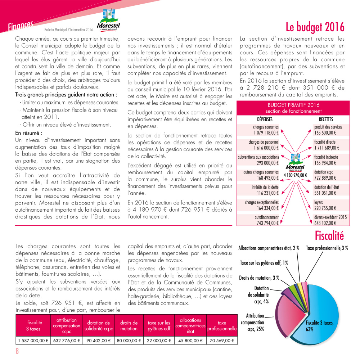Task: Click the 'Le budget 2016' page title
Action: tap(315, 27)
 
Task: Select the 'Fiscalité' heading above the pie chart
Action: tap(329, 236)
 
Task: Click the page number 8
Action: tap(17, 351)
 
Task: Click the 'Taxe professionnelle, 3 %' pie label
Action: tap(327, 248)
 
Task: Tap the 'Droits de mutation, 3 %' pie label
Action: tap(259, 278)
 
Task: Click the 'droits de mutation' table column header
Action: tap(129, 326)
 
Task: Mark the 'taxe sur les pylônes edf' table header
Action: tap(159, 326)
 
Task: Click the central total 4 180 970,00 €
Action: tap(295, 175)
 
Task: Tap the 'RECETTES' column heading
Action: tap(326, 120)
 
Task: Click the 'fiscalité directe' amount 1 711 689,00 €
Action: tap(327, 147)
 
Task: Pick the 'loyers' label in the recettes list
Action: tap(319, 202)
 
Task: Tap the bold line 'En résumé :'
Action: tap(29, 133)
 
